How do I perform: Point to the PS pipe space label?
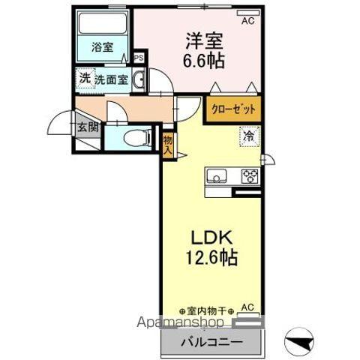[x=138, y=57]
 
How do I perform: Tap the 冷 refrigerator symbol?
[x=247, y=136]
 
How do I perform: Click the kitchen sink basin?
[x=217, y=177]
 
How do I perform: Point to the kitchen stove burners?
[x=249, y=176]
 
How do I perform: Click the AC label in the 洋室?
[x=247, y=21]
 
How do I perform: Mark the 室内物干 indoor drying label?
[x=208, y=310]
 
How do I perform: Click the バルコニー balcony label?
[x=211, y=342]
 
